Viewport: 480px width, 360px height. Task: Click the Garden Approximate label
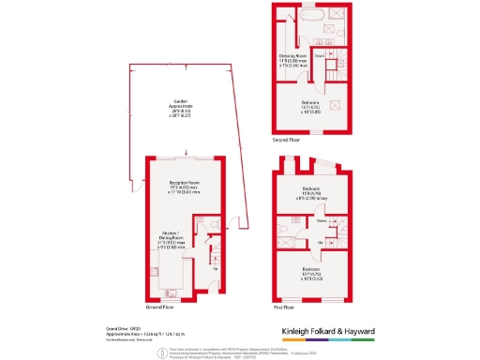point(176,108)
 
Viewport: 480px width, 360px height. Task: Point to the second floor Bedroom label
point(310,106)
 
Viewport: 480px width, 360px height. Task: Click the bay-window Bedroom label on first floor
point(310,193)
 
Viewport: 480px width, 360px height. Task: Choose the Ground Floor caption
point(162,307)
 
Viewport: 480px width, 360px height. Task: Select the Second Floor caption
point(286,140)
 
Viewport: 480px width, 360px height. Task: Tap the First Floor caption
point(283,307)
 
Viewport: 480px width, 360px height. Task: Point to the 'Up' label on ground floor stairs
point(217,268)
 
